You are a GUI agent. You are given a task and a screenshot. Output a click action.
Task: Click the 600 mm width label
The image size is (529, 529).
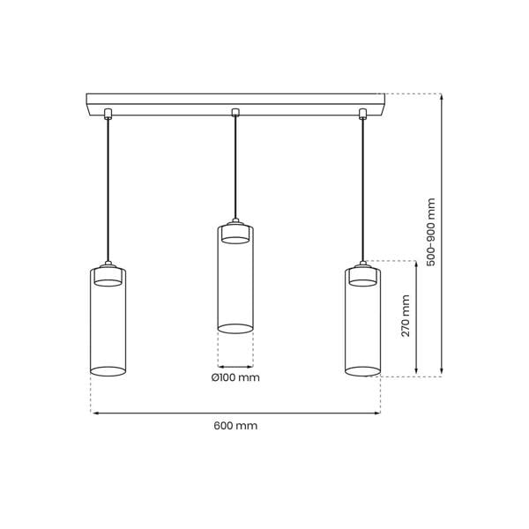click(235, 426)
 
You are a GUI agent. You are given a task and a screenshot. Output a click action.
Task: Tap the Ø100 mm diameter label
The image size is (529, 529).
click(235, 378)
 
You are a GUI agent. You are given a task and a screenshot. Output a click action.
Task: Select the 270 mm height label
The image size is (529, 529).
click(406, 317)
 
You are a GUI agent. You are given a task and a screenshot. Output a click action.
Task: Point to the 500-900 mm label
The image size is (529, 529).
click(430, 231)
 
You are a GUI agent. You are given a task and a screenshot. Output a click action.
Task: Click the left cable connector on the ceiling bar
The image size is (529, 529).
click(108, 112)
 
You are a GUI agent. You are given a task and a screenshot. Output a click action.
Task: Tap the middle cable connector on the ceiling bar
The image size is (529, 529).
click(235, 112)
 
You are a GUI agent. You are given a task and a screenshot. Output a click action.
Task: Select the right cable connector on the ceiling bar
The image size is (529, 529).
click(362, 112)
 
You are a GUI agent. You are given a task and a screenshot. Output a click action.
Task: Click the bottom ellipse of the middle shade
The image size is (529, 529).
click(235, 329)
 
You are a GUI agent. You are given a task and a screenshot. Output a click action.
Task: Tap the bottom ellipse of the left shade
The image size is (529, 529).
click(108, 371)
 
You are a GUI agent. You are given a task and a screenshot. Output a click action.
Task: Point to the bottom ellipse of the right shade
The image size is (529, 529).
click(362, 371)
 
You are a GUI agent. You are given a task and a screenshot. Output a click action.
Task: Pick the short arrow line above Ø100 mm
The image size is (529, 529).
click(235, 366)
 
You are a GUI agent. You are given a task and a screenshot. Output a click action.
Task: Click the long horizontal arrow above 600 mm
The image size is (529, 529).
click(235, 413)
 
